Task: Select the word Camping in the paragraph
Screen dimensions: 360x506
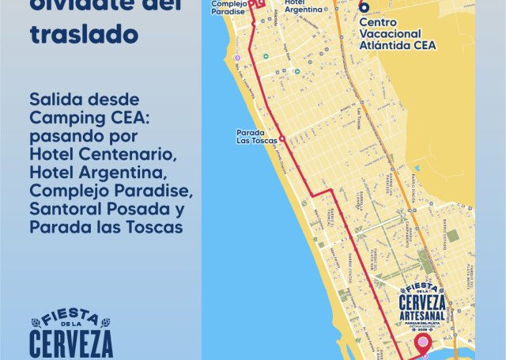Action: tap(64, 118)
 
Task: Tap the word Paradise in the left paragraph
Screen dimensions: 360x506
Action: tap(154, 192)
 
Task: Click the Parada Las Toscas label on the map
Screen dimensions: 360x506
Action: tap(256, 136)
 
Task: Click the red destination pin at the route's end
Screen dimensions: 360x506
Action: tap(424, 345)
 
